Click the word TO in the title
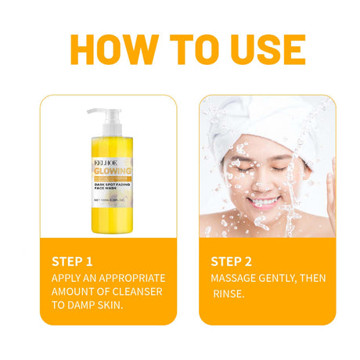(185, 49)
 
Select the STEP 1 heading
(72, 261)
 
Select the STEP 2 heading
(232, 261)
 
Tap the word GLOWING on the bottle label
(112, 171)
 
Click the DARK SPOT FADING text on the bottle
(112, 184)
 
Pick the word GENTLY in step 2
(286, 279)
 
